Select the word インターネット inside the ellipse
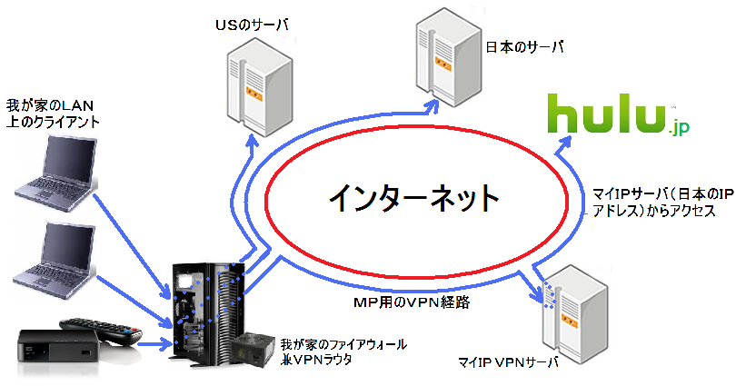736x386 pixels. tap(413, 195)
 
